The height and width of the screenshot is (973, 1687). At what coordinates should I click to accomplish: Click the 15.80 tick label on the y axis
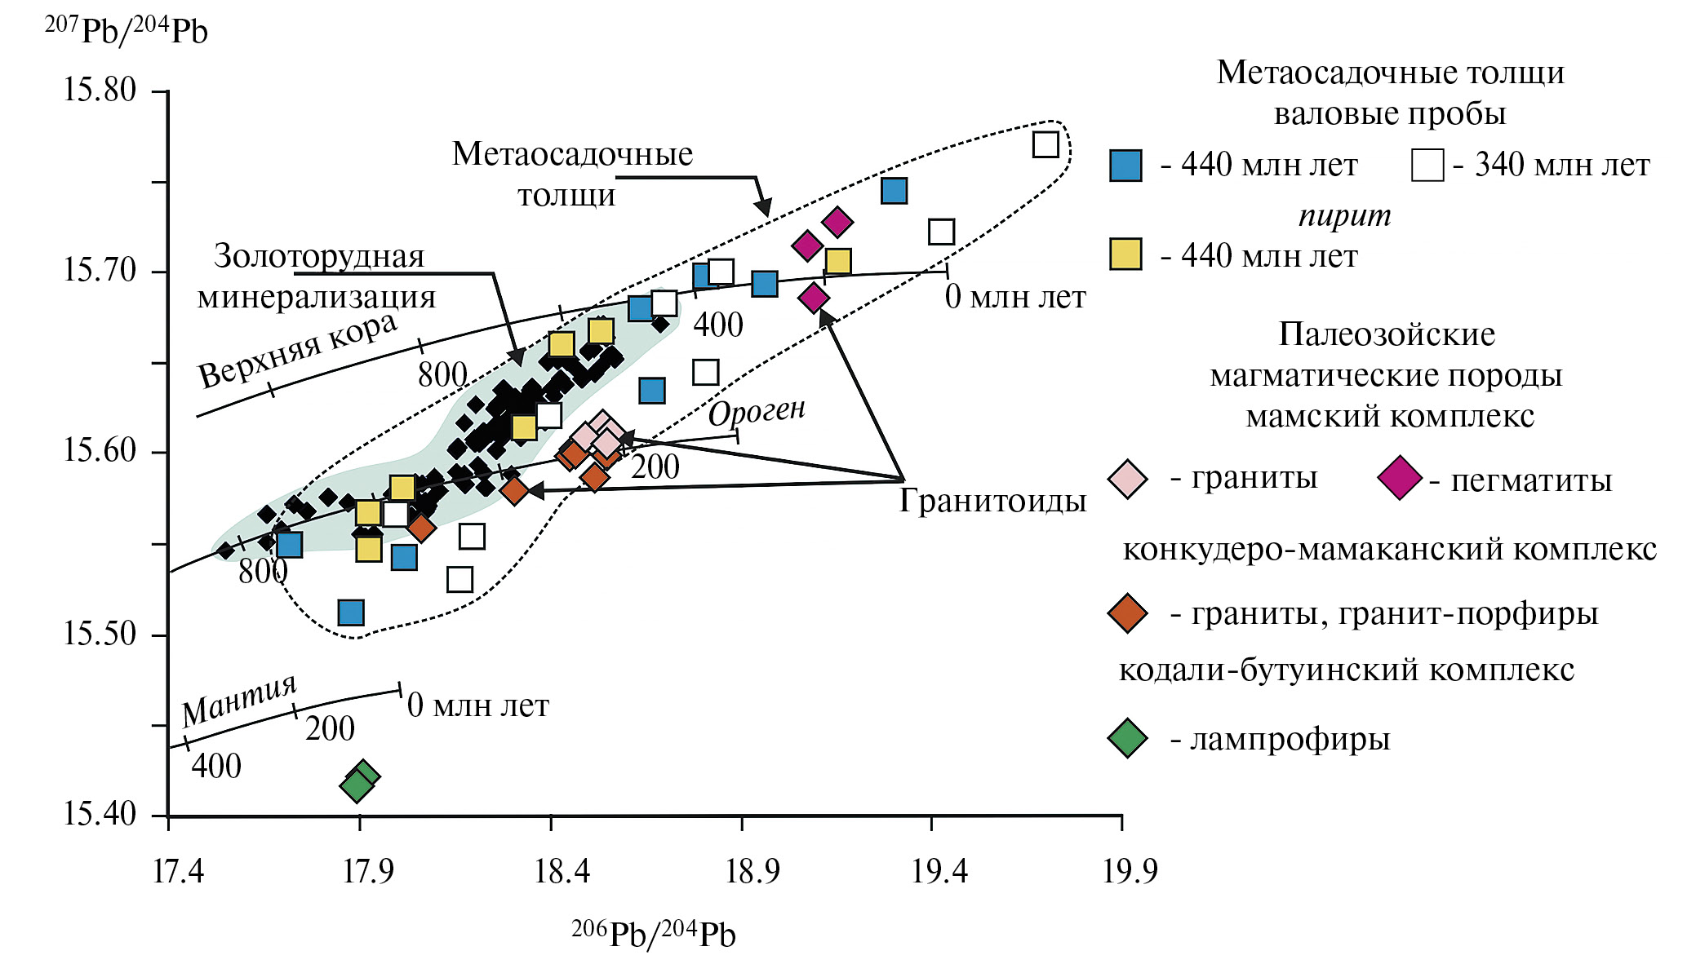point(100,90)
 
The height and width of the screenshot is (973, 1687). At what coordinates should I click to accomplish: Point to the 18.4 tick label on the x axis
point(562,872)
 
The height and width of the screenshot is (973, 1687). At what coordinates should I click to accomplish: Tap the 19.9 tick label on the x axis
point(1130,872)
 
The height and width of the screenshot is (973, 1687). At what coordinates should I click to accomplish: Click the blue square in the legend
point(1125,166)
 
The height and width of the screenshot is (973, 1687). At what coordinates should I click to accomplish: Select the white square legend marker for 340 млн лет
point(1427,166)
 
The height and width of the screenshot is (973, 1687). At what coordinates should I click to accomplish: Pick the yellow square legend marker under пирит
point(1125,254)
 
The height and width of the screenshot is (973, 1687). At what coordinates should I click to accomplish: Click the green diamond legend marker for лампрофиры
point(1128,739)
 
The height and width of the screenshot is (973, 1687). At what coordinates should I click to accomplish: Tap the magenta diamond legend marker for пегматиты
point(1399,479)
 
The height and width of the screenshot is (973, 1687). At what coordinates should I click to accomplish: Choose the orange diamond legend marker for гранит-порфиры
point(1128,613)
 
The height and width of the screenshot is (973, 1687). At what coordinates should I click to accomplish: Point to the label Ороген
point(757,412)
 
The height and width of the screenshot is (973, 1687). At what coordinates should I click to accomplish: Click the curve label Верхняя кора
point(298,352)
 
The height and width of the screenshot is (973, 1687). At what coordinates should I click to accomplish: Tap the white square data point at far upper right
point(1045,144)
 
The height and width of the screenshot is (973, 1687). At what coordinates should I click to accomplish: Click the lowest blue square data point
point(351,613)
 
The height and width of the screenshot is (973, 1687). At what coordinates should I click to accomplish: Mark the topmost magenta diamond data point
point(837,221)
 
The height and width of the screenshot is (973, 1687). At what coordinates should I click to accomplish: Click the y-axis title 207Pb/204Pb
point(126,31)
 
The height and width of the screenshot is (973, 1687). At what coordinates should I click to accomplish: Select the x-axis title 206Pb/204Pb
point(653,935)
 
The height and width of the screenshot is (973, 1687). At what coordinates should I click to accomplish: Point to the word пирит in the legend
point(1344,215)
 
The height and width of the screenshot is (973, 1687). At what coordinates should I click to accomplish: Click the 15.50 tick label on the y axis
point(100,634)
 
